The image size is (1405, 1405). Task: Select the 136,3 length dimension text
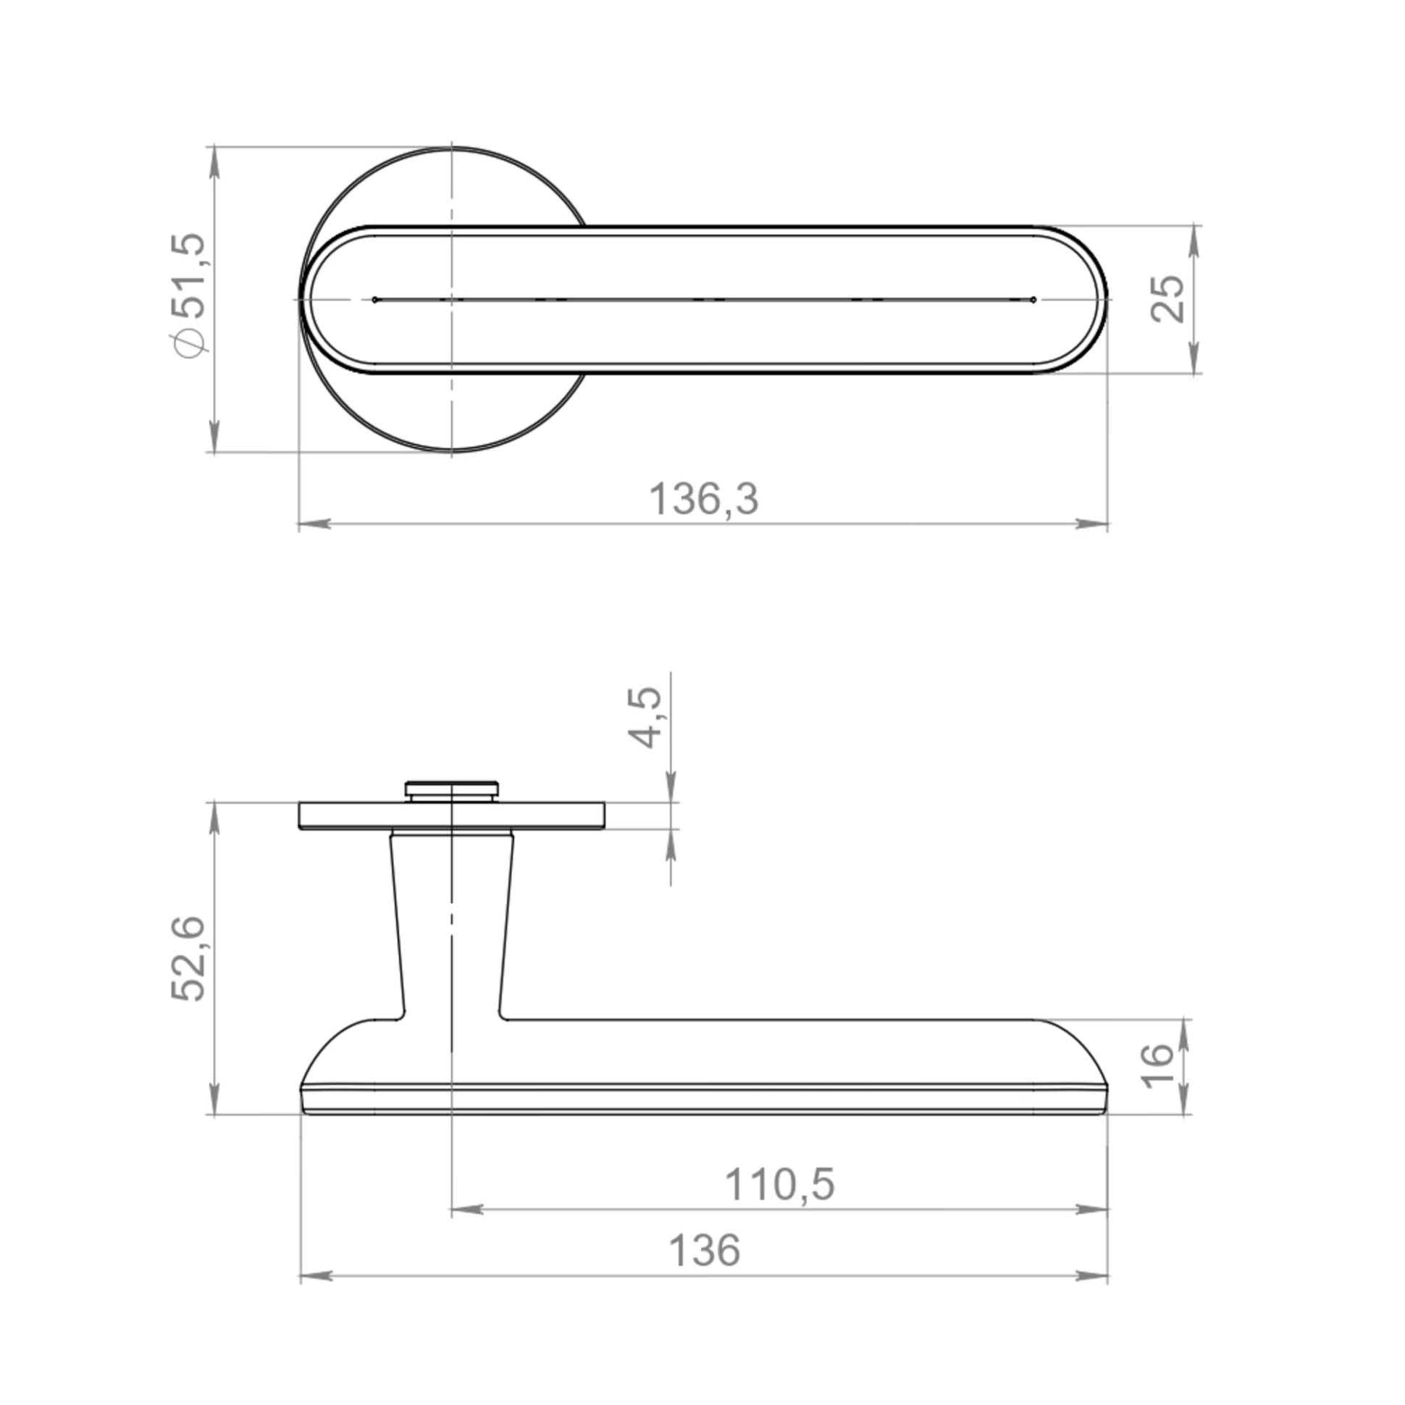[x=703, y=500]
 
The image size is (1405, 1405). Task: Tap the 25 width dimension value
[x=1167, y=298]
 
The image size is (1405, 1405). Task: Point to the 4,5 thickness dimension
[x=645, y=717]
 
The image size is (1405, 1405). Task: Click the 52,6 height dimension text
[x=189, y=959]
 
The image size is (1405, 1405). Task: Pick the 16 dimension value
[x=1157, y=1066]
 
